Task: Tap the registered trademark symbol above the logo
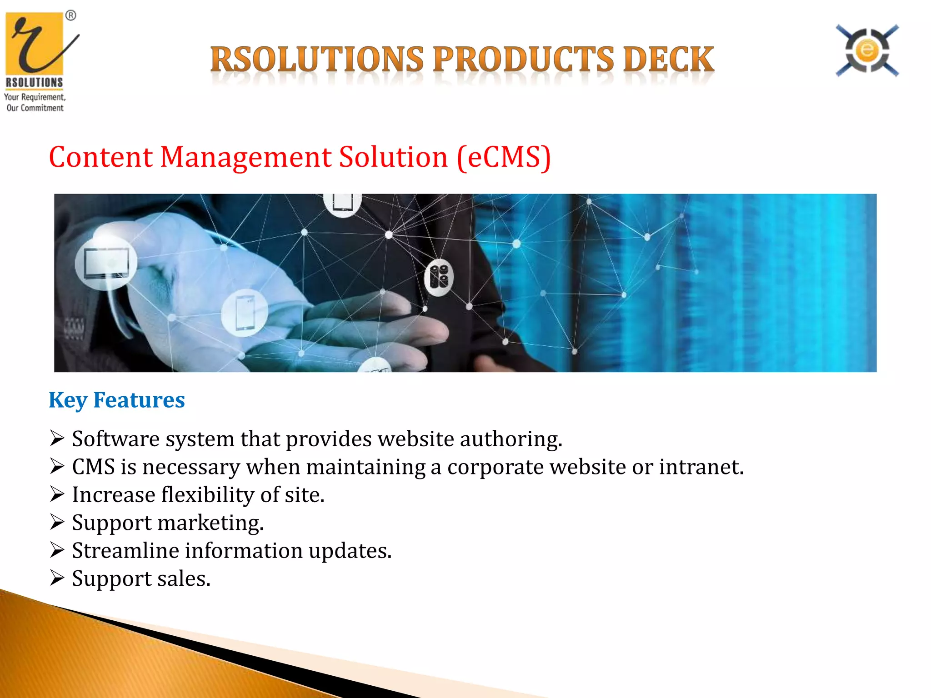(71, 16)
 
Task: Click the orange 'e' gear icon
(867, 50)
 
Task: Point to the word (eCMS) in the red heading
(504, 157)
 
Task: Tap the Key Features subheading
(117, 400)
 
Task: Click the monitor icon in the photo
(106, 263)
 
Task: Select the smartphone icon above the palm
(245, 313)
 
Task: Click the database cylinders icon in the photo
(439, 277)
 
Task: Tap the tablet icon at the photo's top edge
(342, 203)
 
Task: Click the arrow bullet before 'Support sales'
(57, 578)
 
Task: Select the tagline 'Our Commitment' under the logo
(35, 108)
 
